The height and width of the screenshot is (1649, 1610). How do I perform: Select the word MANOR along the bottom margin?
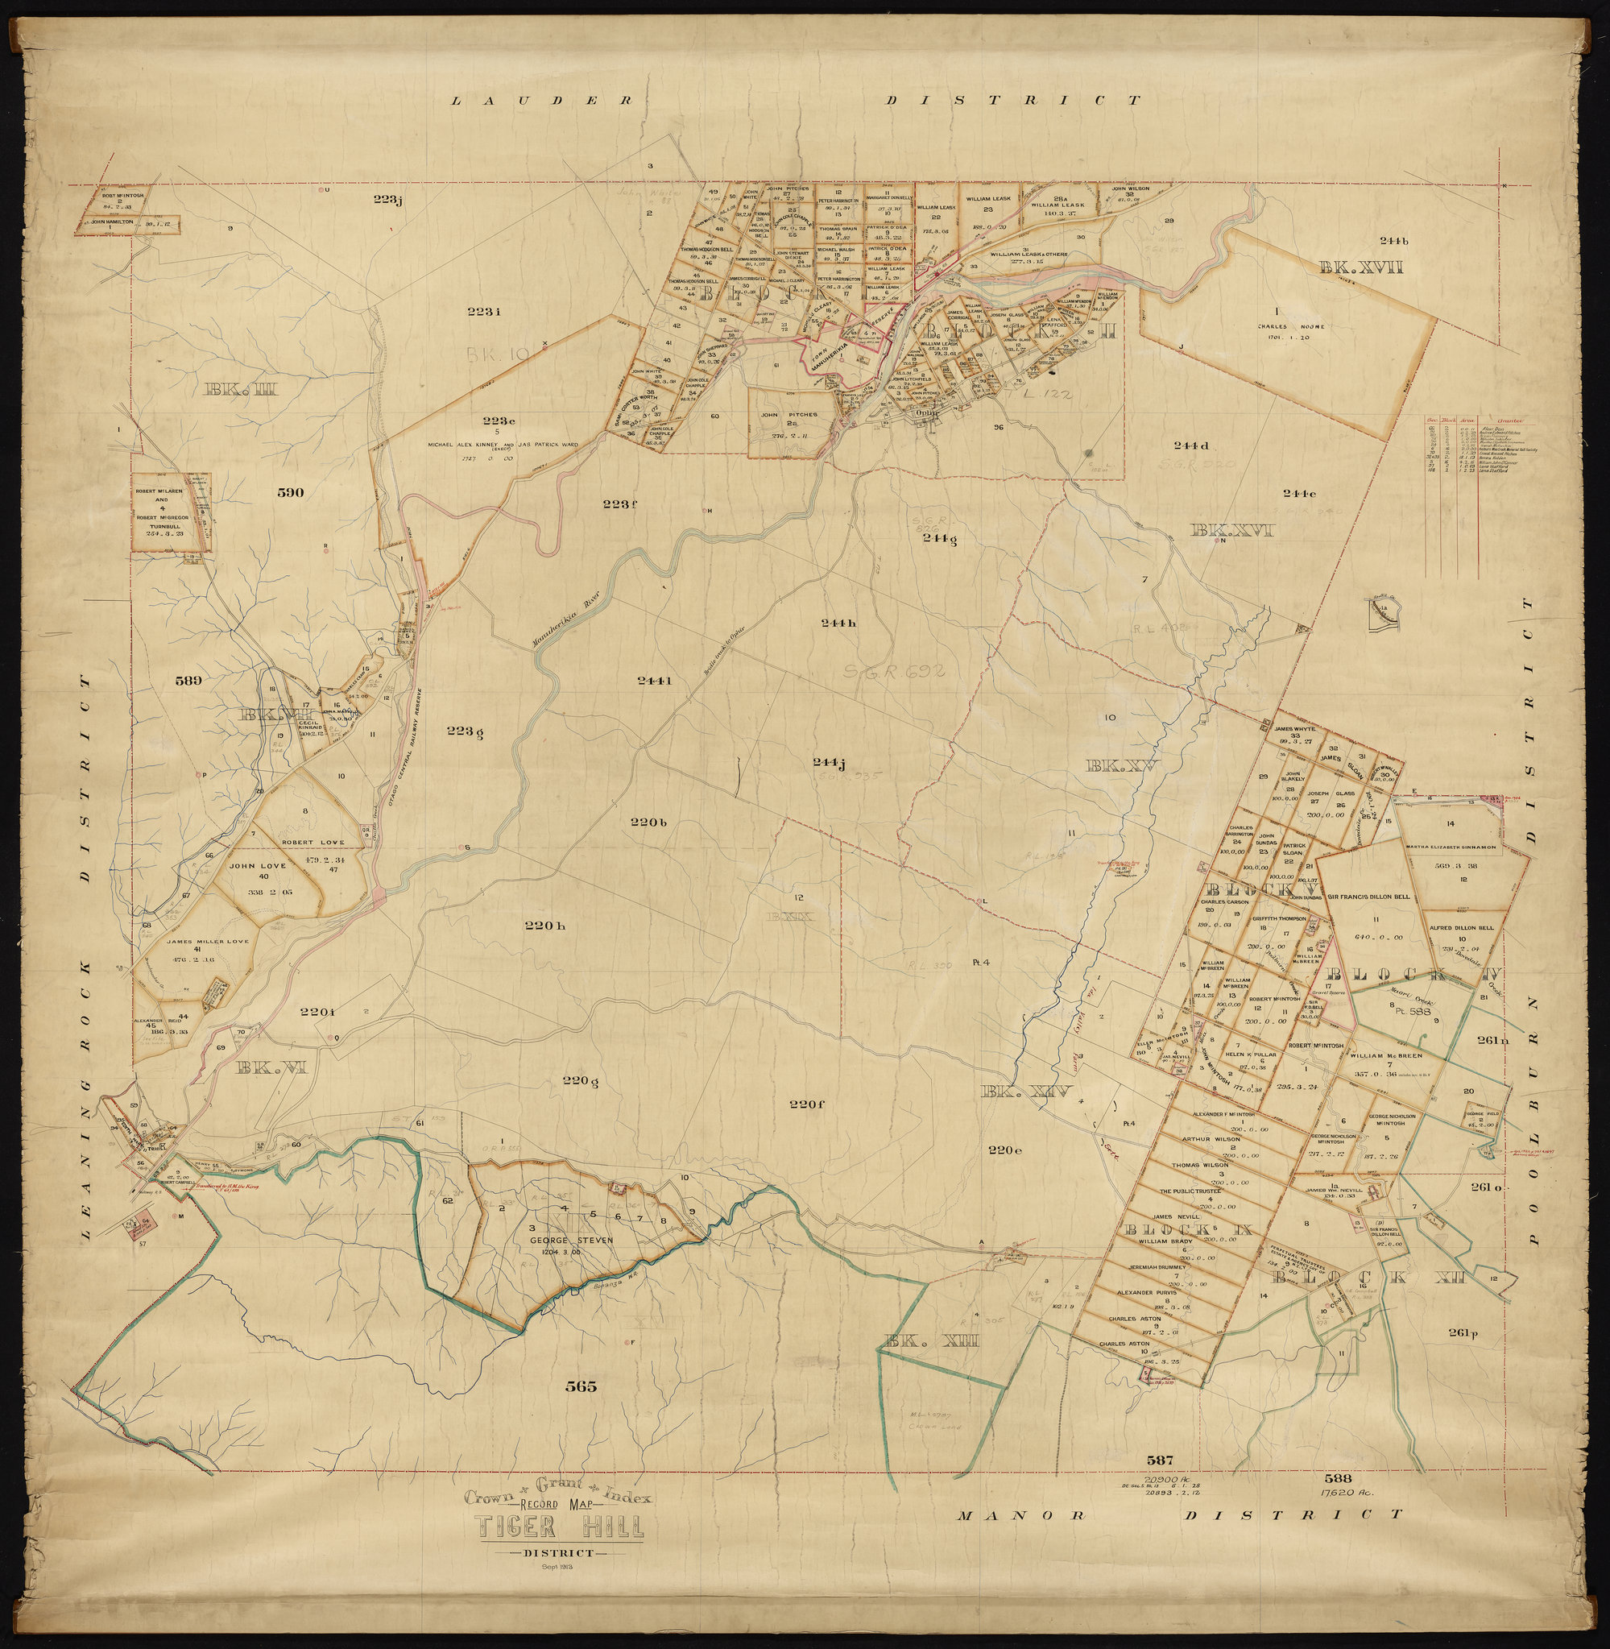[1020, 1515]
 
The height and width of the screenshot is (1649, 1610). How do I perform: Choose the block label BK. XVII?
[1360, 268]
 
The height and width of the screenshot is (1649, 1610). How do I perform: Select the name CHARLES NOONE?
[1290, 326]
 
